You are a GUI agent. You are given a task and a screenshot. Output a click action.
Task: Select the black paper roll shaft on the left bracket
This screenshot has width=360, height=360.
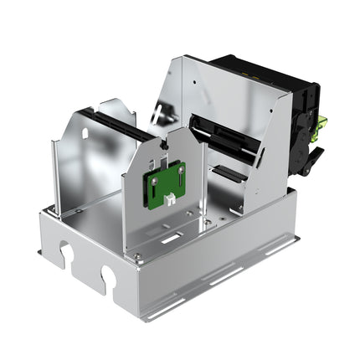[117, 125]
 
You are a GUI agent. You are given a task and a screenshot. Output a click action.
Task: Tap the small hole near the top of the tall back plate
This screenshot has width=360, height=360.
[194, 83]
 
